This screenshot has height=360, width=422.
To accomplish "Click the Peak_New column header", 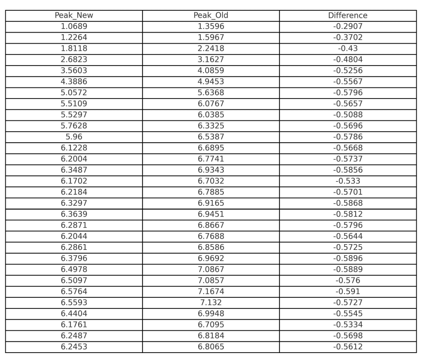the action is (x=74, y=16).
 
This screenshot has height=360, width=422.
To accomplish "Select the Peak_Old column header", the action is (x=211, y=16).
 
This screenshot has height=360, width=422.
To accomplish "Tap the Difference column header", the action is (x=348, y=16).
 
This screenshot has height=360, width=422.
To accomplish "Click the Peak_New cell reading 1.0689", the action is (x=74, y=26).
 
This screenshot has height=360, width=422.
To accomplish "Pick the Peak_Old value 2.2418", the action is (x=211, y=49).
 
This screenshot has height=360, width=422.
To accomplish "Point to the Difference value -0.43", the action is (x=348, y=49).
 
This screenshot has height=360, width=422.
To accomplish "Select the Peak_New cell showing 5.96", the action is (x=74, y=137).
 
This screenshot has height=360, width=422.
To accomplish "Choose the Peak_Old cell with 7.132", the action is (x=211, y=303).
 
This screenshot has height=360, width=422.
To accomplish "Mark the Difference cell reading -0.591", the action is (x=348, y=292).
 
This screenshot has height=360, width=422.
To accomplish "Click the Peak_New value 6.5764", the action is (x=74, y=292).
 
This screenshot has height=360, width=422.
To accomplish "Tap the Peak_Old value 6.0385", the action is (x=211, y=115).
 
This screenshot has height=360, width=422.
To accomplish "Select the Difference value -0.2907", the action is (x=348, y=26).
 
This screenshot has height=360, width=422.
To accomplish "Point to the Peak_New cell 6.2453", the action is (x=74, y=347).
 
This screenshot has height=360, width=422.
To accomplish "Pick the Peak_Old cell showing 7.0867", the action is (x=211, y=269).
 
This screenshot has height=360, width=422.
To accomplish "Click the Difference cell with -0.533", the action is (x=348, y=181).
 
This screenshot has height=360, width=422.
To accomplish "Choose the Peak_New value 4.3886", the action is (x=74, y=82).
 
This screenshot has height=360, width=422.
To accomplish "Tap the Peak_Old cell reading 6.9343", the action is (x=211, y=170).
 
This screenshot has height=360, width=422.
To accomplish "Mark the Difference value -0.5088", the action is (x=348, y=115).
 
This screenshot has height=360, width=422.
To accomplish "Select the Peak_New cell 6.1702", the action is (x=74, y=181).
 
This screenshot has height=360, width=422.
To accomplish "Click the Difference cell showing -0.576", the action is (x=348, y=280).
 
